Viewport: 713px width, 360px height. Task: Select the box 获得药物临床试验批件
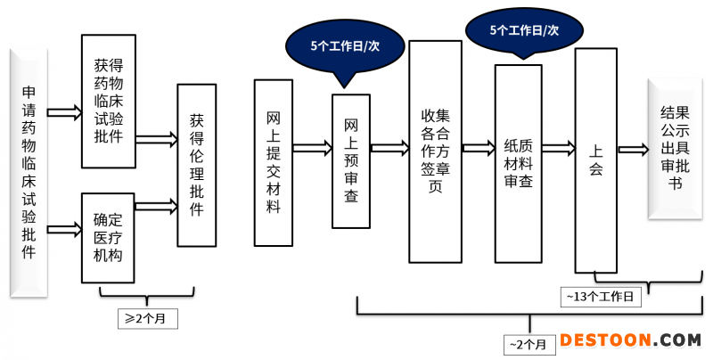(109, 100)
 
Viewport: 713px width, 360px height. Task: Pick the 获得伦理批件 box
(196, 165)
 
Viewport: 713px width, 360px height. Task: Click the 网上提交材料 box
(274, 163)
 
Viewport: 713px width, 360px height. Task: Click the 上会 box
(595, 160)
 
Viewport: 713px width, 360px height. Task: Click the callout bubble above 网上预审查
(344, 44)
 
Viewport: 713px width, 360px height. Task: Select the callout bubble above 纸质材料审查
(524, 30)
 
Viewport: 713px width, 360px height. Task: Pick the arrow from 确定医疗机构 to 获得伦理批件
(156, 207)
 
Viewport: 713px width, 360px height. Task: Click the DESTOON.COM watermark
(630, 340)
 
